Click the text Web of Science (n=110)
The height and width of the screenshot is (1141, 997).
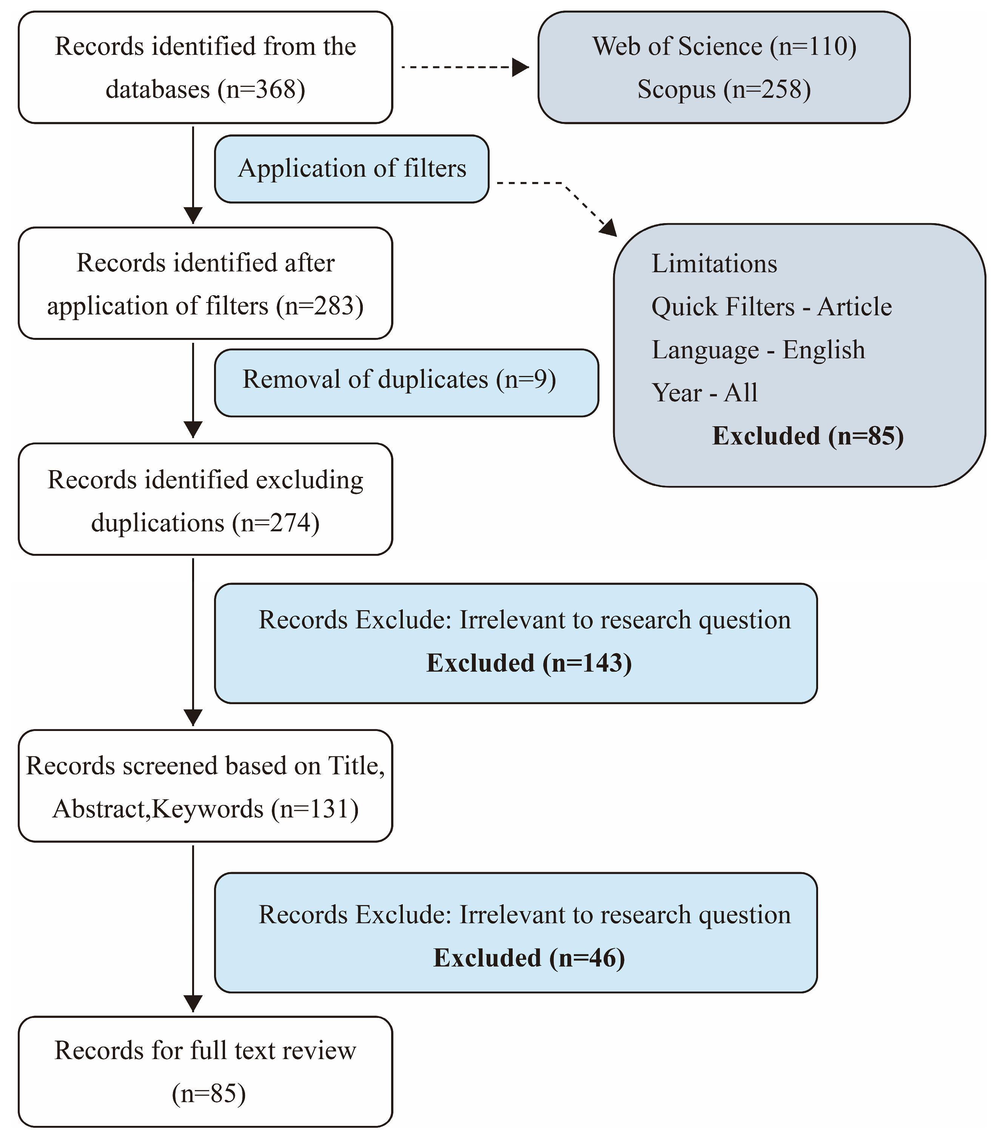[724, 46]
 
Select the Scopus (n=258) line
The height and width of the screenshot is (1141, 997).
[724, 89]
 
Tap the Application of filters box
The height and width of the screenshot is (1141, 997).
[351, 168]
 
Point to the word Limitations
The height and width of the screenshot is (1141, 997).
[714, 264]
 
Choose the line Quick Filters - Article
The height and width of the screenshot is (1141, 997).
[771, 307]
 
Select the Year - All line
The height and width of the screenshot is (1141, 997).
[704, 393]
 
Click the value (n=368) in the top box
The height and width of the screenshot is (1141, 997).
[262, 89]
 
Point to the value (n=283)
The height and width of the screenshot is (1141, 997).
[320, 306]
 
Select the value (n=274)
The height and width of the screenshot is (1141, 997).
[276, 523]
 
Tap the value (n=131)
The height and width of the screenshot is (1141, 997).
[315, 809]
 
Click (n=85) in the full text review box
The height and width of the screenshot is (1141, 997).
[209, 1094]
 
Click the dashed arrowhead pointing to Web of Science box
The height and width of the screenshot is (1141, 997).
[520, 67]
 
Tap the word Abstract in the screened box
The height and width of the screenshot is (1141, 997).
[100, 809]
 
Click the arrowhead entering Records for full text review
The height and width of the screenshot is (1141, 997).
[193, 1003]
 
